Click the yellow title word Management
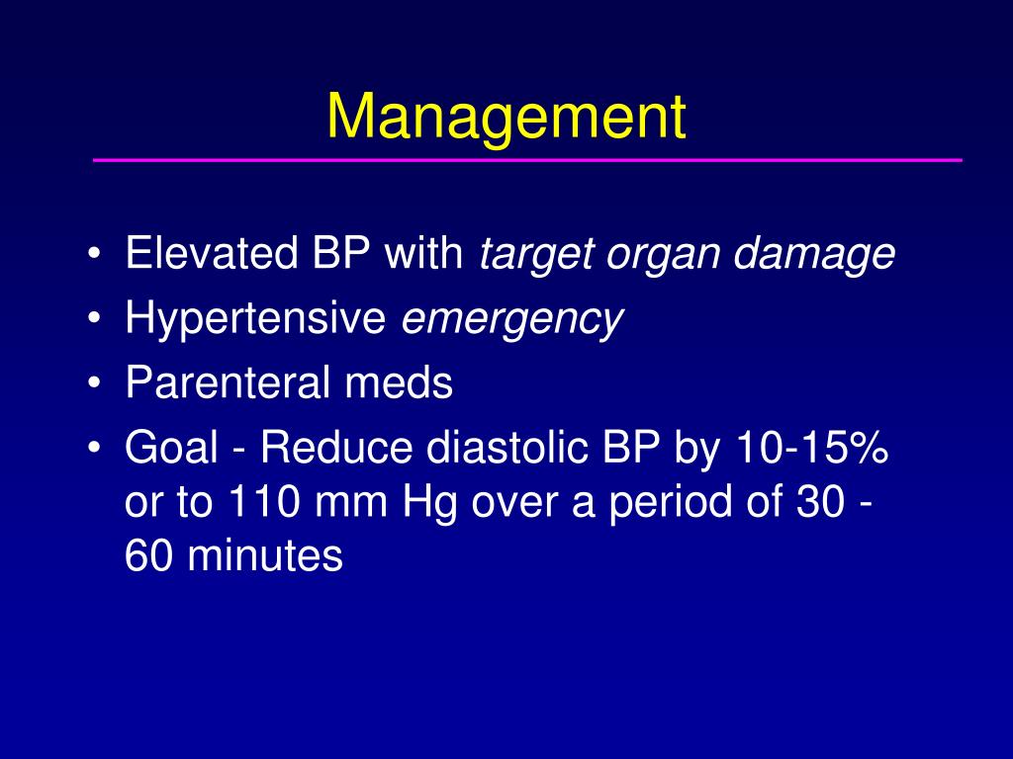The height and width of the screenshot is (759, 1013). (x=506, y=118)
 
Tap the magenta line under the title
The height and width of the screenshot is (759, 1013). (x=527, y=159)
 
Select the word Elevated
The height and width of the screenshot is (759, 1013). (x=212, y=252)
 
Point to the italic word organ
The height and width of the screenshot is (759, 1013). (x=662, y=256)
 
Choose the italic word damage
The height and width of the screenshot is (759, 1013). (x=814, y=254)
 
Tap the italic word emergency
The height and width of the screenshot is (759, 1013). (x=511, y=321)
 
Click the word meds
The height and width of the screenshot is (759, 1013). (x=399, y=382)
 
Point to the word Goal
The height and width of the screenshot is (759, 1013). (x=171, y=448)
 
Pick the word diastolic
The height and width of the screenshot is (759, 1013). (x=507, y=448)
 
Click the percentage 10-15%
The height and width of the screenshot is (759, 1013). (x=812, y=448)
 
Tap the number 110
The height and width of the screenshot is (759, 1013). (x=264, y=501)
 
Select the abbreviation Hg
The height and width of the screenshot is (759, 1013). (x=429, y=504)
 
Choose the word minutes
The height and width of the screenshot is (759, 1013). (x=265, y=555)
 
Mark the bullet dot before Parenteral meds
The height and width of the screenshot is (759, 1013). (x=94, y=383)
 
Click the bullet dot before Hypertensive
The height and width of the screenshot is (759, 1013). (x=94, y=318)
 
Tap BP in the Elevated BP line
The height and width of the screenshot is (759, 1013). (x=340, y=252)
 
